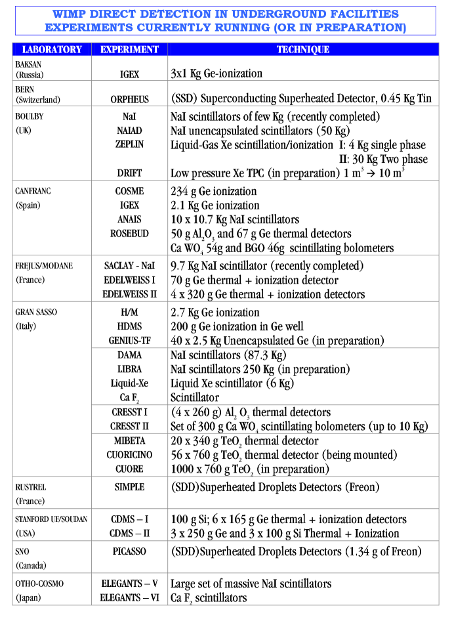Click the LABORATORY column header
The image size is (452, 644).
click(52, 49)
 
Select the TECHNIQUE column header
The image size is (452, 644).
click(302, 49)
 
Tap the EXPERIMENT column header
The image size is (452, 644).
click(129, 49)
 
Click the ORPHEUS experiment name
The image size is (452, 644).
click(129, 100)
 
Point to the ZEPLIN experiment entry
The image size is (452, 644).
click(129, 144)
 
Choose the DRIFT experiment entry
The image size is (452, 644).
click(129, 173)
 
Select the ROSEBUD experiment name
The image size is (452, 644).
click(129, 233)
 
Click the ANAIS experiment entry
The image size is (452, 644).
click(129, 219)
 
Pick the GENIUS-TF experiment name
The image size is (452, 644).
click(129, 341)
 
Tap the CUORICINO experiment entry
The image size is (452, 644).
click(129, 455)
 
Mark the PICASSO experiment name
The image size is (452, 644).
click(129, 551)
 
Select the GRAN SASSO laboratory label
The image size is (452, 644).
click(36, 312)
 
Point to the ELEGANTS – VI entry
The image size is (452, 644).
click(129, 597)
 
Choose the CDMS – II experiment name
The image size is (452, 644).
click(129, 533)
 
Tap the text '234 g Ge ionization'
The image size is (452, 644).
click(213, 191)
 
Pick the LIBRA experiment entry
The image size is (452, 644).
click(129, 369)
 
